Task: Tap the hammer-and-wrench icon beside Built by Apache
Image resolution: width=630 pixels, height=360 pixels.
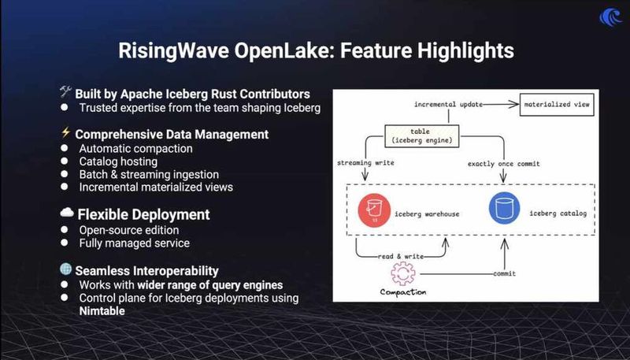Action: (x=65, y=93)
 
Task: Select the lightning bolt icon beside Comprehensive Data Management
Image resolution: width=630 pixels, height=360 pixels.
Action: (x=65, y=134)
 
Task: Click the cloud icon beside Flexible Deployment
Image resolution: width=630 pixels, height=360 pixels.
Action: (x=66, y=213)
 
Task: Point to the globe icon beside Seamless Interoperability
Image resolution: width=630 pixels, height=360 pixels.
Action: (x=65, y=269)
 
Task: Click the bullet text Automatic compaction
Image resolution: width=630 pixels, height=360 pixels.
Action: (x=135, y=148)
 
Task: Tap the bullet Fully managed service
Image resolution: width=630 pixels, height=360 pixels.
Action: (x=134, y=243)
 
